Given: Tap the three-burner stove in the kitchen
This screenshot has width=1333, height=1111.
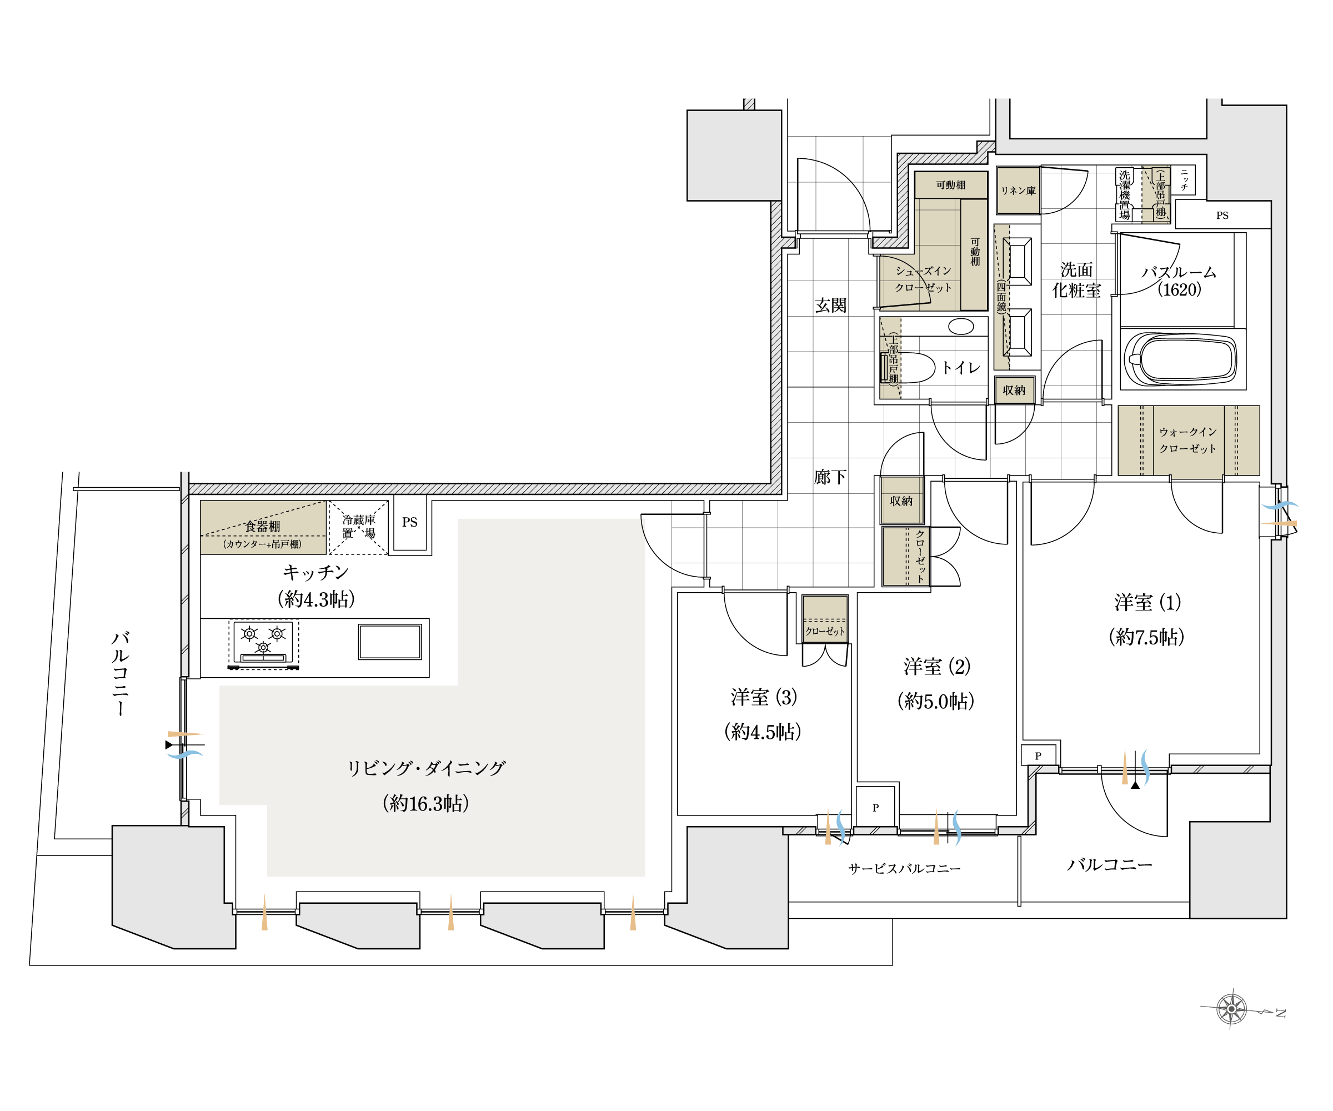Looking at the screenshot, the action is point(263,644).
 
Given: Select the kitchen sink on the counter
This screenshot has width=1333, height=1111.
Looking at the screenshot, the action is point(390,642).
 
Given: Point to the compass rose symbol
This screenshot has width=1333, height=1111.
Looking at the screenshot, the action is point(1231,1009).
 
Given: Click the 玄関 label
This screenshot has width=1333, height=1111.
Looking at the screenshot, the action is point(830,306).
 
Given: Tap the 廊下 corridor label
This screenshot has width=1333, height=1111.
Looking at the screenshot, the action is point(830,477).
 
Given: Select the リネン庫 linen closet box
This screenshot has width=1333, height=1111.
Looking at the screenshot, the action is point(1018,191).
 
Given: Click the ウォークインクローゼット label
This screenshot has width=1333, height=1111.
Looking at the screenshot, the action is point(1187,440).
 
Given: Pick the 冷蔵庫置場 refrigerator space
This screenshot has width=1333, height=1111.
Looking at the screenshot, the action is point(359,528).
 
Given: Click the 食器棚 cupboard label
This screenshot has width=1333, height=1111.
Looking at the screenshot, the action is point(263,526).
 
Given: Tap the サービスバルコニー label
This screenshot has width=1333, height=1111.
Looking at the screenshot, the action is point(905,868).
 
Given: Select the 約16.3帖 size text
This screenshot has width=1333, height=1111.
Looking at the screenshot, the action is point(426,804).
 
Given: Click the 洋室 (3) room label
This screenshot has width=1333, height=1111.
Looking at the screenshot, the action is point(764,697).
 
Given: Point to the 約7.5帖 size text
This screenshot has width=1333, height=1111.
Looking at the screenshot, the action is point(1146,637).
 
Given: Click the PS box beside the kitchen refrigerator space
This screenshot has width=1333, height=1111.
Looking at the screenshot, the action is point(410,523).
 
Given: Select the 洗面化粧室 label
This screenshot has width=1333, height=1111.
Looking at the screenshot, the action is point(1076,280).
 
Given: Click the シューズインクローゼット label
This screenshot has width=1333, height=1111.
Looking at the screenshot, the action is point(923,279).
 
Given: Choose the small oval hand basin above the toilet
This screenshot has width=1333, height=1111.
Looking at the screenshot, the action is point(961,326).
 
